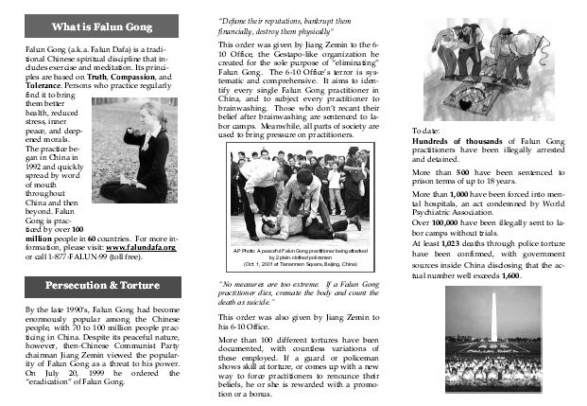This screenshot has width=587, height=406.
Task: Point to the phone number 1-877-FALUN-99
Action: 92,257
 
